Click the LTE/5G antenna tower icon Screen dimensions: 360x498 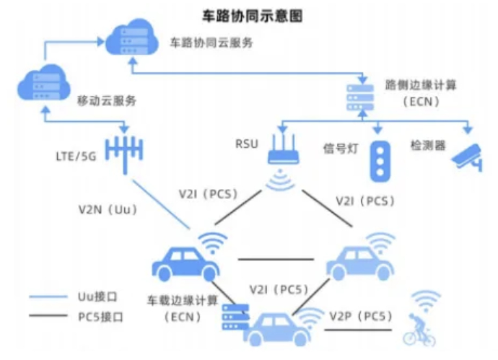[124, 152]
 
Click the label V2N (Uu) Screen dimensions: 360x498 [108, 211]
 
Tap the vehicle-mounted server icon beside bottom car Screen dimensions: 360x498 [235, 315]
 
